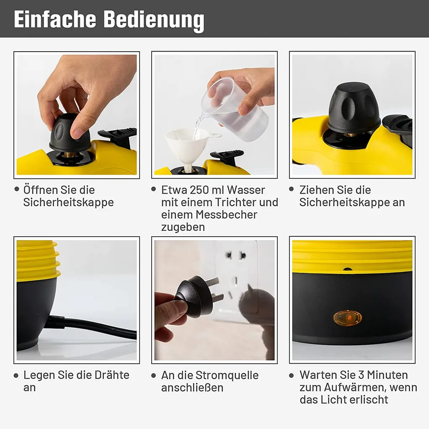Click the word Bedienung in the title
154,20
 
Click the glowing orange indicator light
347,318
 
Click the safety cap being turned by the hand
70,133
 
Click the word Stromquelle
227,375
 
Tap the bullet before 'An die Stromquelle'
154,375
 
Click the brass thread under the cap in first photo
70,155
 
